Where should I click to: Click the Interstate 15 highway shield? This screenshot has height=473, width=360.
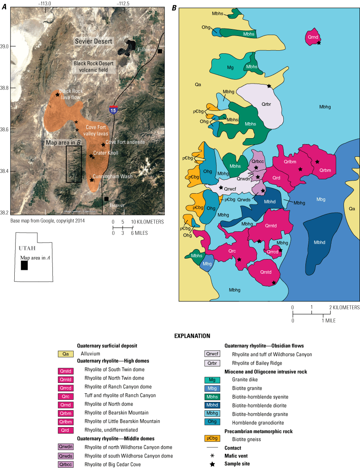click(114, 110)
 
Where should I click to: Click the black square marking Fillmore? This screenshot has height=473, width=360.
click(160, 51)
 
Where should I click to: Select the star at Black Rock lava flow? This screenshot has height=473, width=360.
click(57, 94)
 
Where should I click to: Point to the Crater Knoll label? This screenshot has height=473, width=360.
click(106, 153)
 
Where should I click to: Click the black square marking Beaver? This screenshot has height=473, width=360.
click(106, 199)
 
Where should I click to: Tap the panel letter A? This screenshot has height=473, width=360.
click(4, 8)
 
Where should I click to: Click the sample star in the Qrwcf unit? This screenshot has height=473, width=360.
click(221, 188)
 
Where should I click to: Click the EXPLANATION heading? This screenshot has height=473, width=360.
click(192, 336)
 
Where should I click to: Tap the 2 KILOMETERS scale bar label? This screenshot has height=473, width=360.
click(344, 308)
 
